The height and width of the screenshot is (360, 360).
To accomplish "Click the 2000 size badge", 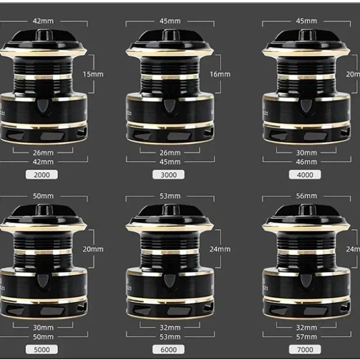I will click(x=44, y=175).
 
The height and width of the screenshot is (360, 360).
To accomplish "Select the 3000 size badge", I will click(x=170, y=175).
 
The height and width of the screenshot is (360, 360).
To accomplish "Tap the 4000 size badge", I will click(x=305, y=175).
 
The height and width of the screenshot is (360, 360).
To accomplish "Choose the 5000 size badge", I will click(x=44, y=349).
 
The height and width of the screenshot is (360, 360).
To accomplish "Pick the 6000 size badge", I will click(x=170, y=349).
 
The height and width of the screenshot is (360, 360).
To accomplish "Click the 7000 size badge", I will click(x=305, y=349).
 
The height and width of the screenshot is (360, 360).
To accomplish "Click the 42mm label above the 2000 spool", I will click(x=44, y=21).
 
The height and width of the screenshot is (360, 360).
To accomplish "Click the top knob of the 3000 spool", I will click(x=170, y=35).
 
